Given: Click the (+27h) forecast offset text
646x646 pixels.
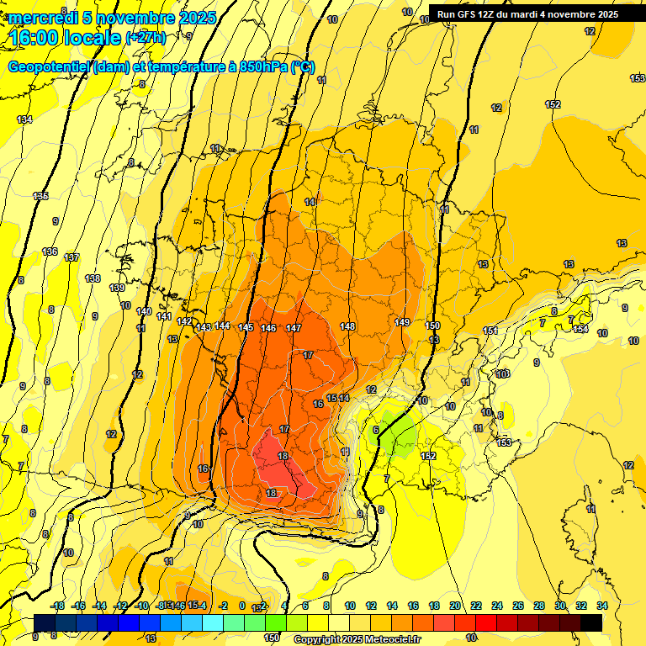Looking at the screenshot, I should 146,38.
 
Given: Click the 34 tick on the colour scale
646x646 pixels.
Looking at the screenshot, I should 601,606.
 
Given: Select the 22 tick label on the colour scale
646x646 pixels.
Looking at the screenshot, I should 475,606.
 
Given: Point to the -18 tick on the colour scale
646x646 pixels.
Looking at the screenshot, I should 57,606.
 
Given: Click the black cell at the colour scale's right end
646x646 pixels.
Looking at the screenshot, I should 590,622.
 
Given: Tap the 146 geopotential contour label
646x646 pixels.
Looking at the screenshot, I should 268,328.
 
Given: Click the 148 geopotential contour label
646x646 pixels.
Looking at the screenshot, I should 347,326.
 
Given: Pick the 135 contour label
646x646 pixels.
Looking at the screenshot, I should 40,196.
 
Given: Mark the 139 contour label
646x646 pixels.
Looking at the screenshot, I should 117,288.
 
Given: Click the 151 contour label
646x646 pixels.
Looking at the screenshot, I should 490,331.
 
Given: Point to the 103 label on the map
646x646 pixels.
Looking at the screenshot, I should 503,373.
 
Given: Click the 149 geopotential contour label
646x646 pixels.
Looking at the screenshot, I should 402,322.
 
